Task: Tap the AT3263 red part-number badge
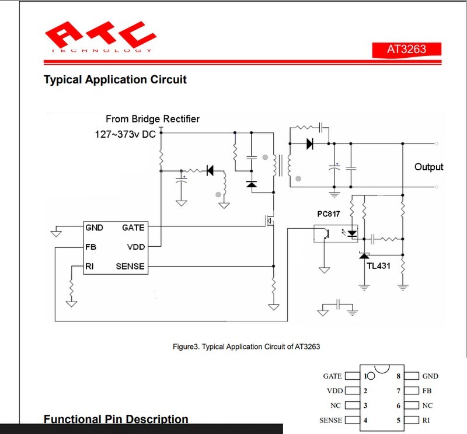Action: tap(407, 49)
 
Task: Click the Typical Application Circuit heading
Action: tap(115, 79)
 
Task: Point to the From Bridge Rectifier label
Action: tap(152, 119)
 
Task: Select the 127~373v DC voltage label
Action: tap(126, 134)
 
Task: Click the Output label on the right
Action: tap(428, 167)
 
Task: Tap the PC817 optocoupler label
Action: tap(329, 214)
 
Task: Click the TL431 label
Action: tap(378, 266)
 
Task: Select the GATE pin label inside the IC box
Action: tap(133, 228)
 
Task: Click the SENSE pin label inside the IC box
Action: tap(130, 267)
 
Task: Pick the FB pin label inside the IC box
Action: tap(90, 247)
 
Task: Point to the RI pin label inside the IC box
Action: tap(89, 267)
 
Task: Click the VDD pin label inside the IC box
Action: tap(135, 247)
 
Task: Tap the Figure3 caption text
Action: tap(246, 346)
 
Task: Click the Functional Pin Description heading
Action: tap(116, 419)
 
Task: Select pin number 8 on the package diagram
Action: tap(398, 376)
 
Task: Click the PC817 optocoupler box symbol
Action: tap(336, 233)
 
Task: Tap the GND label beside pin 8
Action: tap(430, 376)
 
